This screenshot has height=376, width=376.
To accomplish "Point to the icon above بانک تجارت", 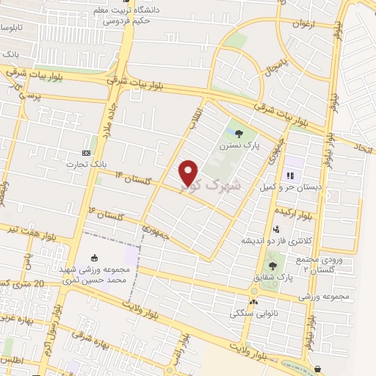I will tap(87, 153).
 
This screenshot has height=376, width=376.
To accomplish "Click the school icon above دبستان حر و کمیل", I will tap(289, 176).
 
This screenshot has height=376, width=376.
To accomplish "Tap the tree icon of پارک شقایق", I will tap(273, 265).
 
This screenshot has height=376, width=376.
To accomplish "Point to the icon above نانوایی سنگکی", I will tap(254, 301).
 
